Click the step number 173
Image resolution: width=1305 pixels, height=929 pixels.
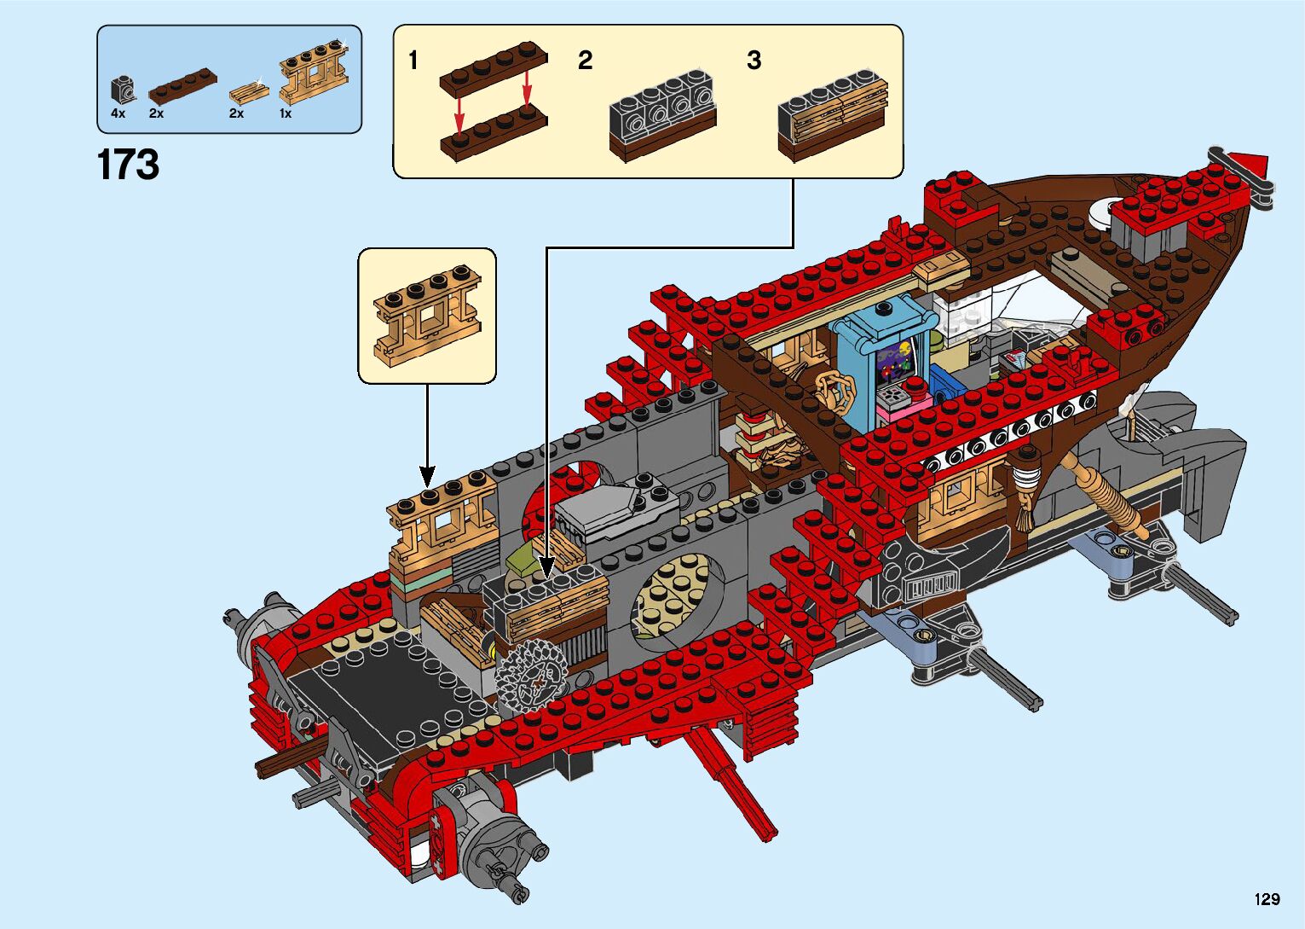(128, 165)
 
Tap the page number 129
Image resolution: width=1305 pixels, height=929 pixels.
(1267, 898)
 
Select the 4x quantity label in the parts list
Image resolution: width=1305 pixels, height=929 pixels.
(118, 113)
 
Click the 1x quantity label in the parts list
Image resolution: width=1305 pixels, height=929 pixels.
(286, 113)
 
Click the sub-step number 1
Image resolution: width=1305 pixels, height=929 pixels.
(413, 61)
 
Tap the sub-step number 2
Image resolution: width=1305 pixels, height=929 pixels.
(585, 61)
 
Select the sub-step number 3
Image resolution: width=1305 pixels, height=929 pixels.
(754, 61)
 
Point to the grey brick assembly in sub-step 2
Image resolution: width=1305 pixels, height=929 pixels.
(661, 116)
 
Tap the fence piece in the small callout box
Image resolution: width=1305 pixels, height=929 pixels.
(427, 316)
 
